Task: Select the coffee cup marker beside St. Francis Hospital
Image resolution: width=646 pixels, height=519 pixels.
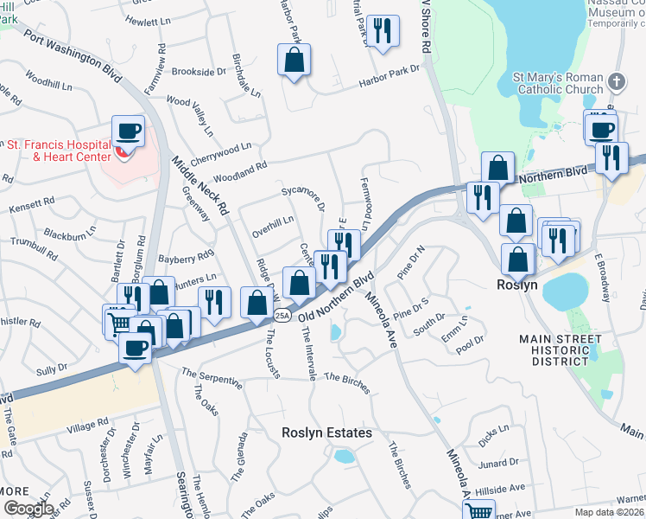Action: pos(129,131)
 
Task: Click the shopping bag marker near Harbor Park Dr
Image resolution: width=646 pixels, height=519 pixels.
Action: pos(294,60)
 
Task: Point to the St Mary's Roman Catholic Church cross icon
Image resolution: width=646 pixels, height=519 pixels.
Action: pos(616,82)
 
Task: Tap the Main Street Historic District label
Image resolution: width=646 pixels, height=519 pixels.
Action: pos(562,350)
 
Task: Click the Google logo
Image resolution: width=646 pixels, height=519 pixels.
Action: pos(28,509)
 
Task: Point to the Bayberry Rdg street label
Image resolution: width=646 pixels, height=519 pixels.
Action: pos(186,257)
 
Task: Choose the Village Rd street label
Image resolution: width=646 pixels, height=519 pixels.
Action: pos(88,426)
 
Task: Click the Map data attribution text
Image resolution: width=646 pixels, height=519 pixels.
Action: pos(610,512)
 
